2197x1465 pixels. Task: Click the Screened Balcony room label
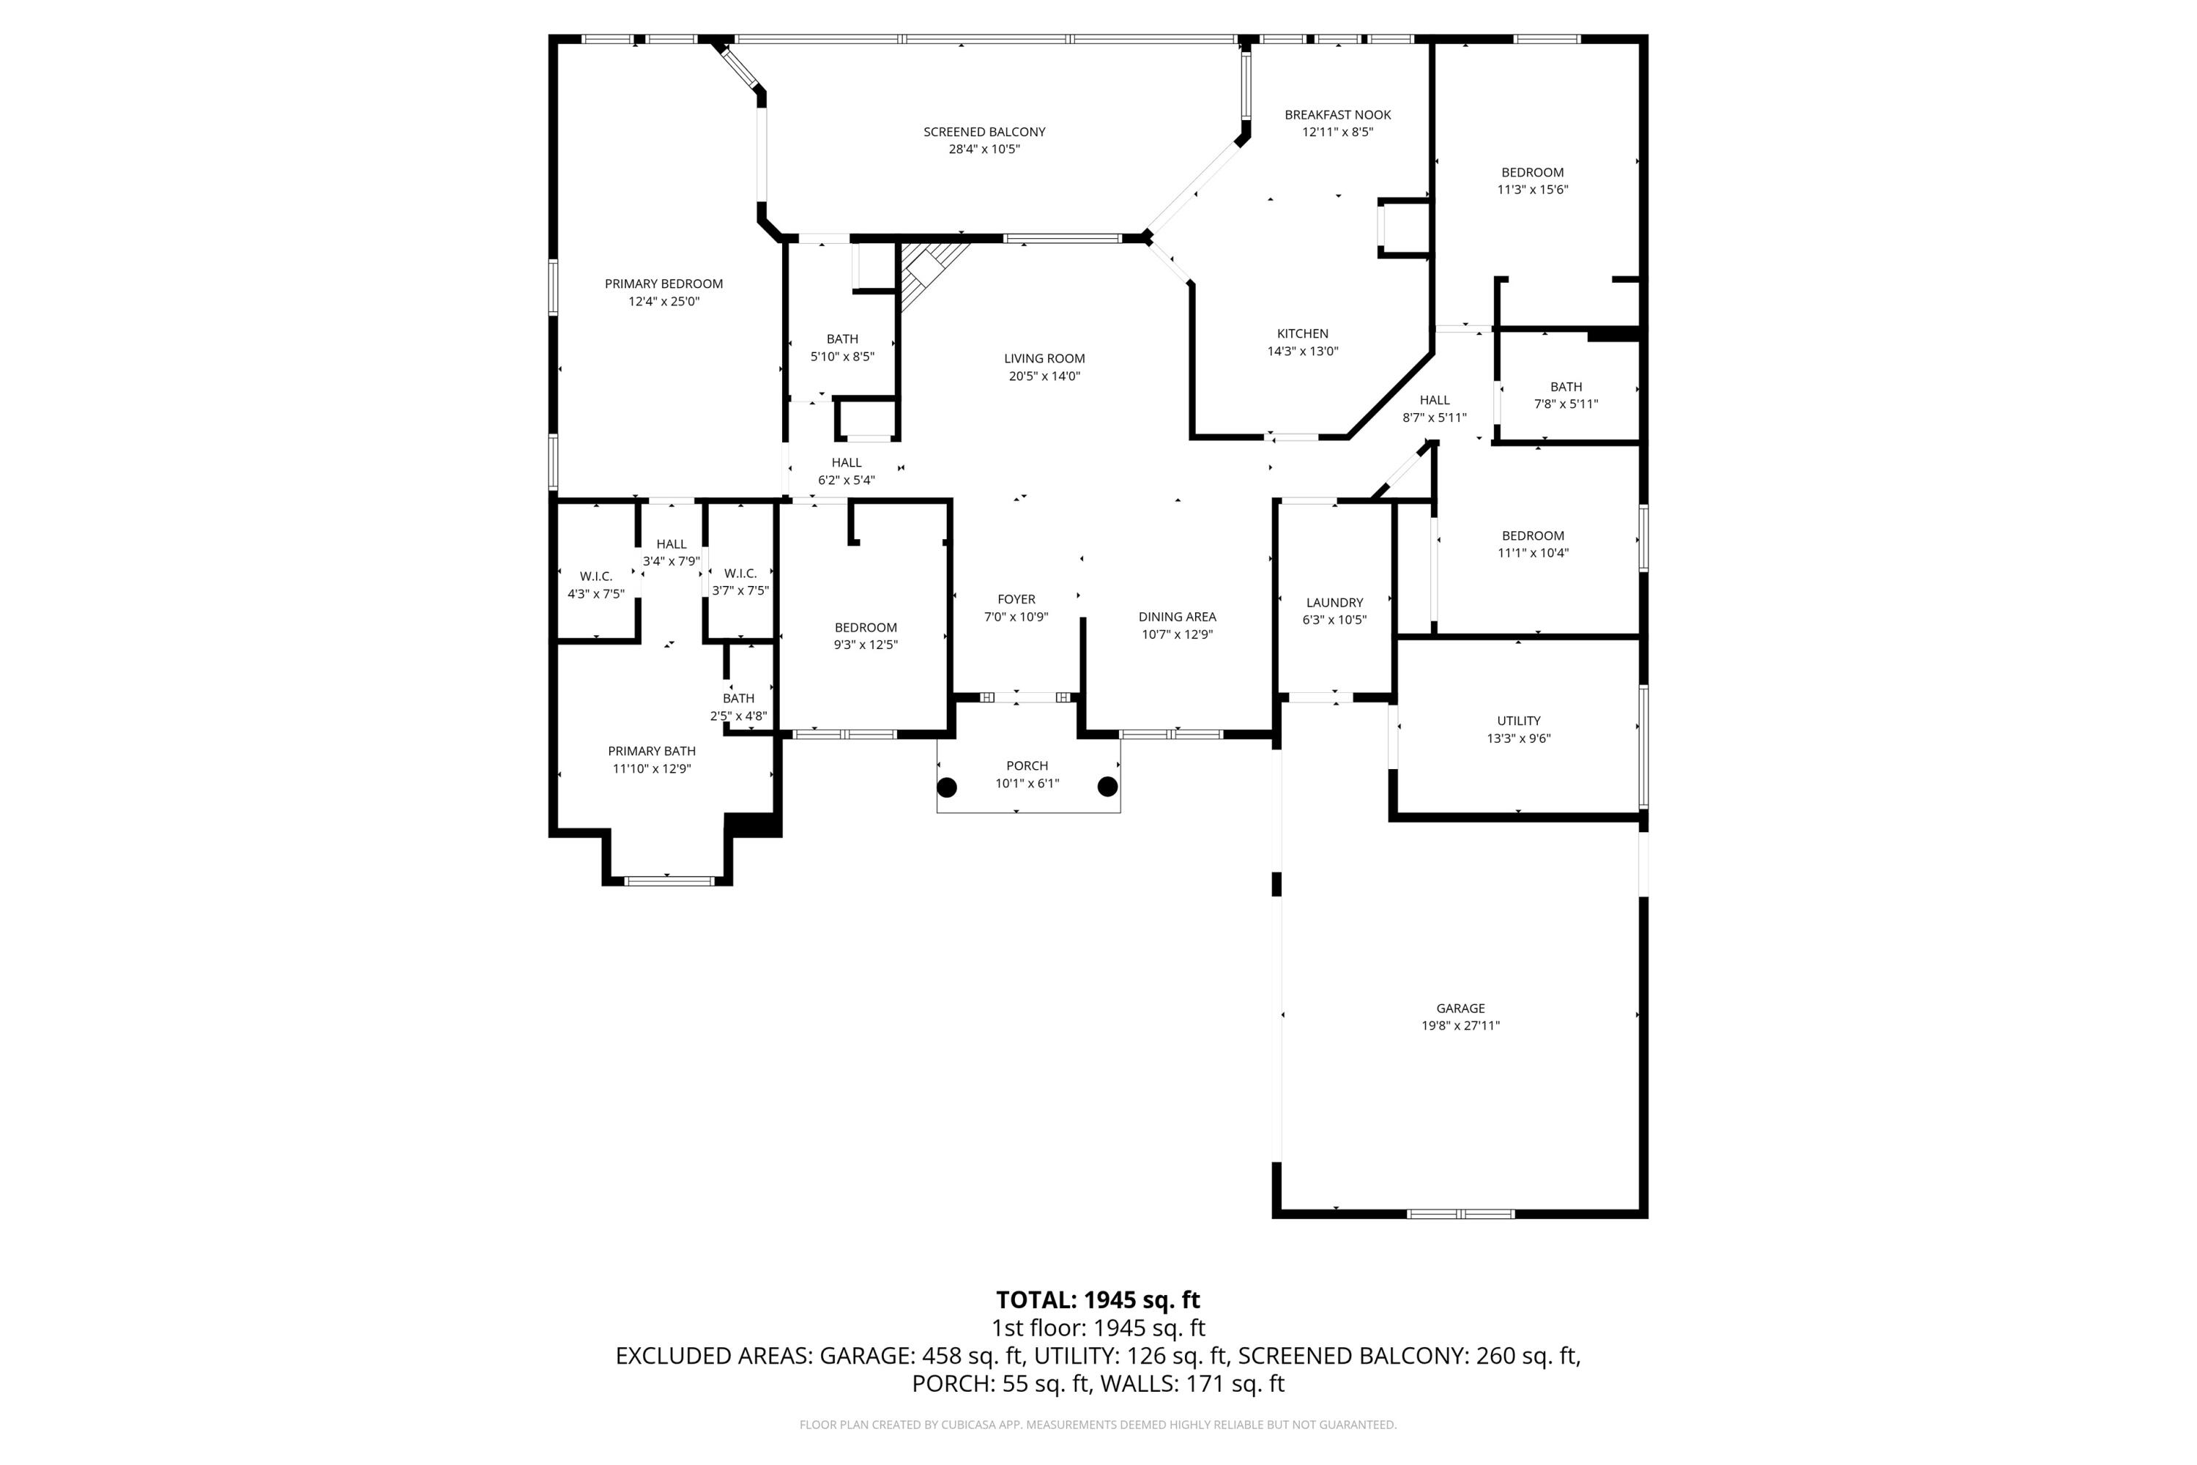pos(984,132)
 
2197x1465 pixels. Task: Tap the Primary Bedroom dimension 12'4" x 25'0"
pos(664,302)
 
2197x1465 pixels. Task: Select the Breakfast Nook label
pos(1338,115)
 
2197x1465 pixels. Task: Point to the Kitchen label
pos(1302,333)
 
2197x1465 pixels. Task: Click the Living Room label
pos(1044,359)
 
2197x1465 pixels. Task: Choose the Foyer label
pos(1016,600)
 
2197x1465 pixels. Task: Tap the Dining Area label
pos(1177,617)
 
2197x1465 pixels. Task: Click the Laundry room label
pos(1335,603)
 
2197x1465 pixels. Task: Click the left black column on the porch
pos(947,787)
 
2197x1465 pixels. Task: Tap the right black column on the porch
pos(1108,787)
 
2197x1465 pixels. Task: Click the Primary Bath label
pos(652,752)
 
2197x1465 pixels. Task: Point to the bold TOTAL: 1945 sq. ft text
pos(1098,1299)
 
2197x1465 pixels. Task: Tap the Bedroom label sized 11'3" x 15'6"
pos(1533,173)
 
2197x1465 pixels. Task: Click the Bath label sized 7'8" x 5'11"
pos(1566,387)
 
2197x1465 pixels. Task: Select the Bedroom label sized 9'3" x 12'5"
pos(866,628)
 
